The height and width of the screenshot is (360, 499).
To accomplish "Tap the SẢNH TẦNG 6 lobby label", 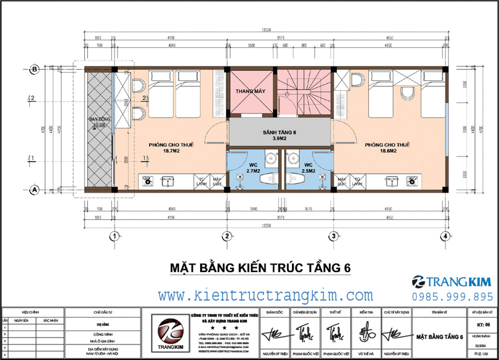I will tap(279, 132).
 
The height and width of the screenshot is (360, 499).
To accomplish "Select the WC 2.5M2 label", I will tap(308, 168).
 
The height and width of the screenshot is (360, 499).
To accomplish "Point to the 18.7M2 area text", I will tap(171, 150).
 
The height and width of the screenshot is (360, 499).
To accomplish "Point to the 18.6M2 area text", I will tap(387, 150).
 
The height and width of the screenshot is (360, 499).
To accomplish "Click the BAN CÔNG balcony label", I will tap(99, 119).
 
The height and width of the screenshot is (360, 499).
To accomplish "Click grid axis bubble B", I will tap(34, 69).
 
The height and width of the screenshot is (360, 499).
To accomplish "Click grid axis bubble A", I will tap(34, 190).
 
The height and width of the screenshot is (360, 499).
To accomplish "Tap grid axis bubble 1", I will tap(112, 236).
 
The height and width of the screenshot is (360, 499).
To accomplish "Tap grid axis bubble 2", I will tap(227, 236).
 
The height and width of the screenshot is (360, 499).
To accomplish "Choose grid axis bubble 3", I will tap(333, 236).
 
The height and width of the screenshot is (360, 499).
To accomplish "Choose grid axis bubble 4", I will tap(445, 236).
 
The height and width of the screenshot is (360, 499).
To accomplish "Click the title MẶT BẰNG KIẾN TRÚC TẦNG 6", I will tap(260, 268).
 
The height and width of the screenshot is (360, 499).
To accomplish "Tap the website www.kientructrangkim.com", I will tap(266, 295).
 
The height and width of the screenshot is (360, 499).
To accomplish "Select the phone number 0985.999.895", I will tap(453, 296).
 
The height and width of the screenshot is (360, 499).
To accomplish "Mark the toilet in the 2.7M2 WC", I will tap(269, 179).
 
